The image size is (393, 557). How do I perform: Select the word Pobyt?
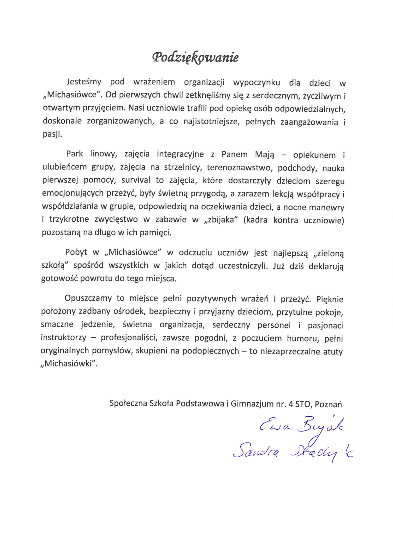point(76,251)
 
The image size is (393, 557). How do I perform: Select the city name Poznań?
point(332,402)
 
